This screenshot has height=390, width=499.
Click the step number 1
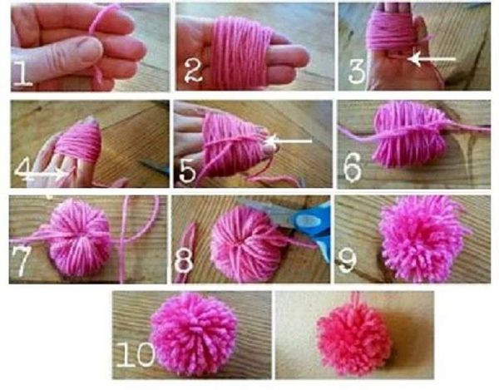(x=23, y=73)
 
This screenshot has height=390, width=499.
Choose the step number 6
(x=353, y=168)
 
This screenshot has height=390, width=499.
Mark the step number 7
(x=22, y=260)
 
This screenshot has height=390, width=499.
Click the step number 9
(x=347, y=261)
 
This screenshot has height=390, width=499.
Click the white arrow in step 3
(x=432, y=59)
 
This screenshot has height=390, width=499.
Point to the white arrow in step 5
(x=289, y=141)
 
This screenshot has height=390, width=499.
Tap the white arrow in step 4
(x=41, y=173)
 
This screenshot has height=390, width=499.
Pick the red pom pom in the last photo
(x=353, y=341)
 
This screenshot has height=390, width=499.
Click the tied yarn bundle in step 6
(x=409, y=135)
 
